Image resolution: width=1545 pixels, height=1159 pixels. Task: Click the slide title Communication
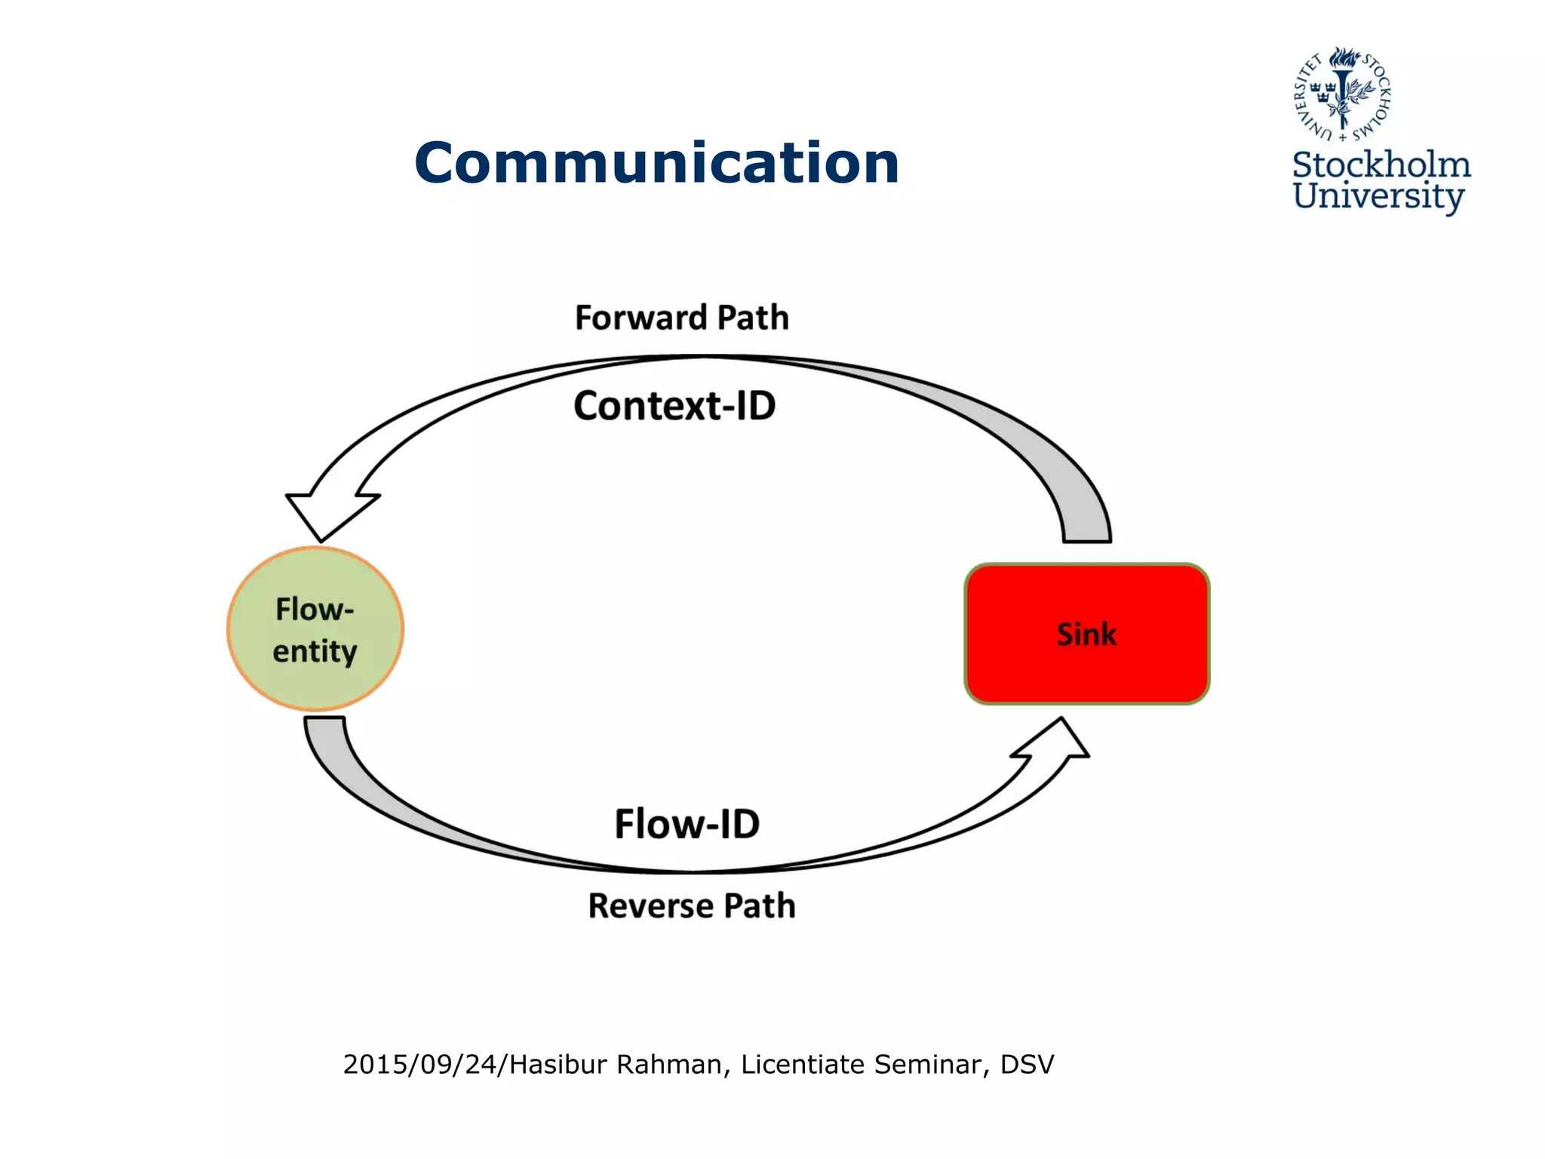(x=656, y=163)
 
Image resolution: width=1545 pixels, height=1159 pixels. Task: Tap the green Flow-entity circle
(x=315, y=629)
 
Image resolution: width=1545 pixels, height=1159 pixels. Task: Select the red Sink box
(x=1086, y=634)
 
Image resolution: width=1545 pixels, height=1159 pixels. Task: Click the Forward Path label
(x=682, y=318)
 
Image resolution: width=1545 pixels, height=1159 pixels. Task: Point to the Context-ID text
(x=674, y=406)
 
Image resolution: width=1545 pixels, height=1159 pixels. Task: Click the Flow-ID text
(x=686, y=823)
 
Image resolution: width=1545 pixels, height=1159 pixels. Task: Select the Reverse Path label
(x=692, y=905)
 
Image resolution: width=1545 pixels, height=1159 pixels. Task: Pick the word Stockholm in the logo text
(x=1381, y=165)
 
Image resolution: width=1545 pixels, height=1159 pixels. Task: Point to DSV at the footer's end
(x=1027, y=1064)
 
